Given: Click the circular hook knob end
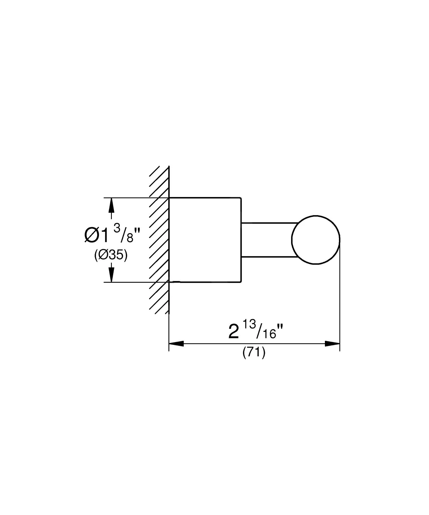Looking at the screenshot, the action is coord(315,240).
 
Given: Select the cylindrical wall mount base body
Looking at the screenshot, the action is coord(205,240).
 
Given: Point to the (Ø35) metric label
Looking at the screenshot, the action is coord(111,255).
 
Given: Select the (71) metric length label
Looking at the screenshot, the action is coord(254,352).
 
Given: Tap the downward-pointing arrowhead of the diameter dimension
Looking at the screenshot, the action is coord(111,275).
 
